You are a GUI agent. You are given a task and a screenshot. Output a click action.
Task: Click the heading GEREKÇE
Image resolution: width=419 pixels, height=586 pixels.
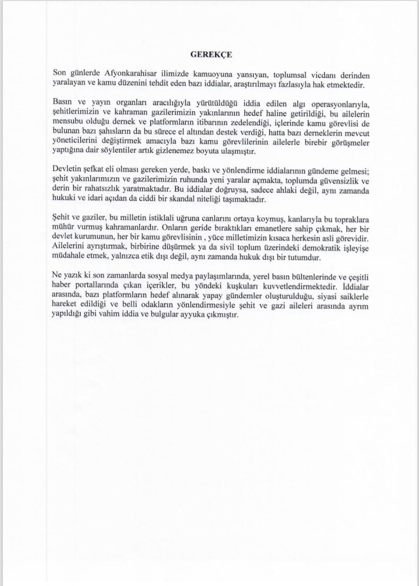pos(211,55)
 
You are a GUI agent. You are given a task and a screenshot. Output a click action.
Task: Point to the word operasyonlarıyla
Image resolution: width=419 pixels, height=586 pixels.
pos(339,105)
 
